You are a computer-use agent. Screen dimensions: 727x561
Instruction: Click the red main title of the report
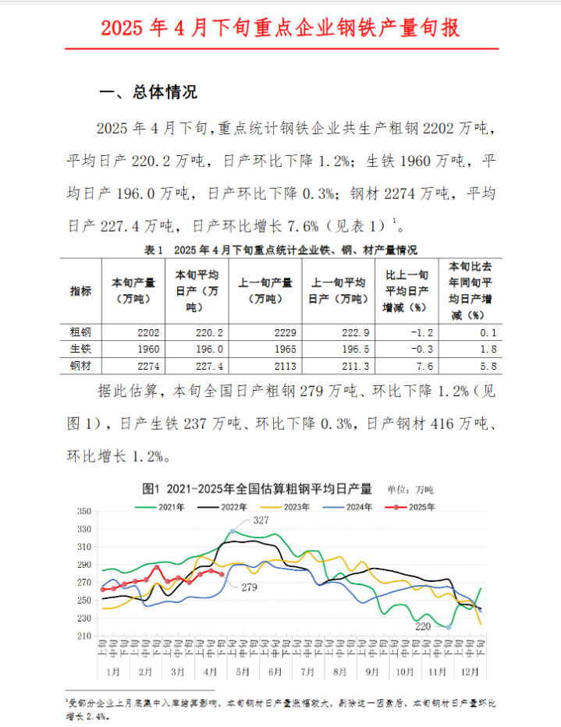click(x=280, y=28)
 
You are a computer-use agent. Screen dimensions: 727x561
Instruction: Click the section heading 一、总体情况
click(x=148, y=92)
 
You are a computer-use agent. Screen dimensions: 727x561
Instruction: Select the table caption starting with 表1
click(x=280, y=250)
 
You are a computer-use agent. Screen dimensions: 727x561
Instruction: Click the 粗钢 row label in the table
click(x=80, y=332)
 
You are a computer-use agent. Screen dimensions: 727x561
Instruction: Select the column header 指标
click(x=80, y=291)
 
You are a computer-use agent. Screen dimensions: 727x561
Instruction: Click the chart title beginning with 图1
click(x=257, y=489)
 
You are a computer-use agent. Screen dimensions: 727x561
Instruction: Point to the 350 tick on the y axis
click(x=83, y=512)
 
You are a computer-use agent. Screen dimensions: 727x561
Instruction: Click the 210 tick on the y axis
click(x=83, y=637)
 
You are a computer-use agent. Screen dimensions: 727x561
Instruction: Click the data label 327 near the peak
click(x=261, y=520)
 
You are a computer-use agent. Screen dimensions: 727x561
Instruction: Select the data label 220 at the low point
click(x=424, y=626)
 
